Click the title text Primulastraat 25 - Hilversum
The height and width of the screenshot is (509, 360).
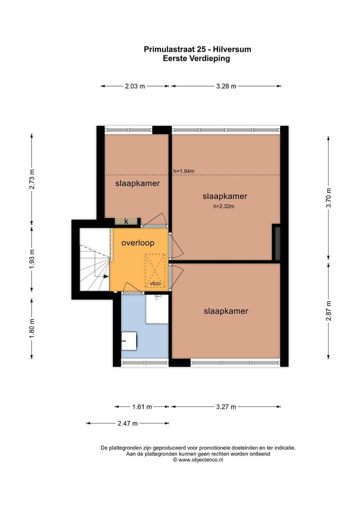pos(197,49)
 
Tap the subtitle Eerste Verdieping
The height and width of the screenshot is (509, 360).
pos(196,58)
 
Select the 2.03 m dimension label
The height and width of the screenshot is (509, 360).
pos(134,86)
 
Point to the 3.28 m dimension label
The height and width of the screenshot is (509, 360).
pos(226,86)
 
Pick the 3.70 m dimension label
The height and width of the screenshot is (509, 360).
pos(329,197)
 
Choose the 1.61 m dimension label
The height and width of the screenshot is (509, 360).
pos(142,406)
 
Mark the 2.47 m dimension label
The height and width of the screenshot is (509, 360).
pos(128,423)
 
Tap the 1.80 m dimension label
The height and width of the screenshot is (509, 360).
pos(32,328)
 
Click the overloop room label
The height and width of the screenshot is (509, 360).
pos(137,243)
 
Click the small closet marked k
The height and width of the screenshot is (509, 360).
pos(126,221)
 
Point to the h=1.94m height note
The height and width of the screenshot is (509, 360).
pos(183,171)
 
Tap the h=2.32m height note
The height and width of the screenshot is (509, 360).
pos(223,206)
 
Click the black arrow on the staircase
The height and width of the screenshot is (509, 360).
pos(106,276)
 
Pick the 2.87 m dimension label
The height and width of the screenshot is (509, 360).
pos(329,310)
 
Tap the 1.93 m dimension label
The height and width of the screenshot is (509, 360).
pos(32,258)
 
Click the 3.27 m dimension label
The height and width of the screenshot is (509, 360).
pos(226,406)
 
